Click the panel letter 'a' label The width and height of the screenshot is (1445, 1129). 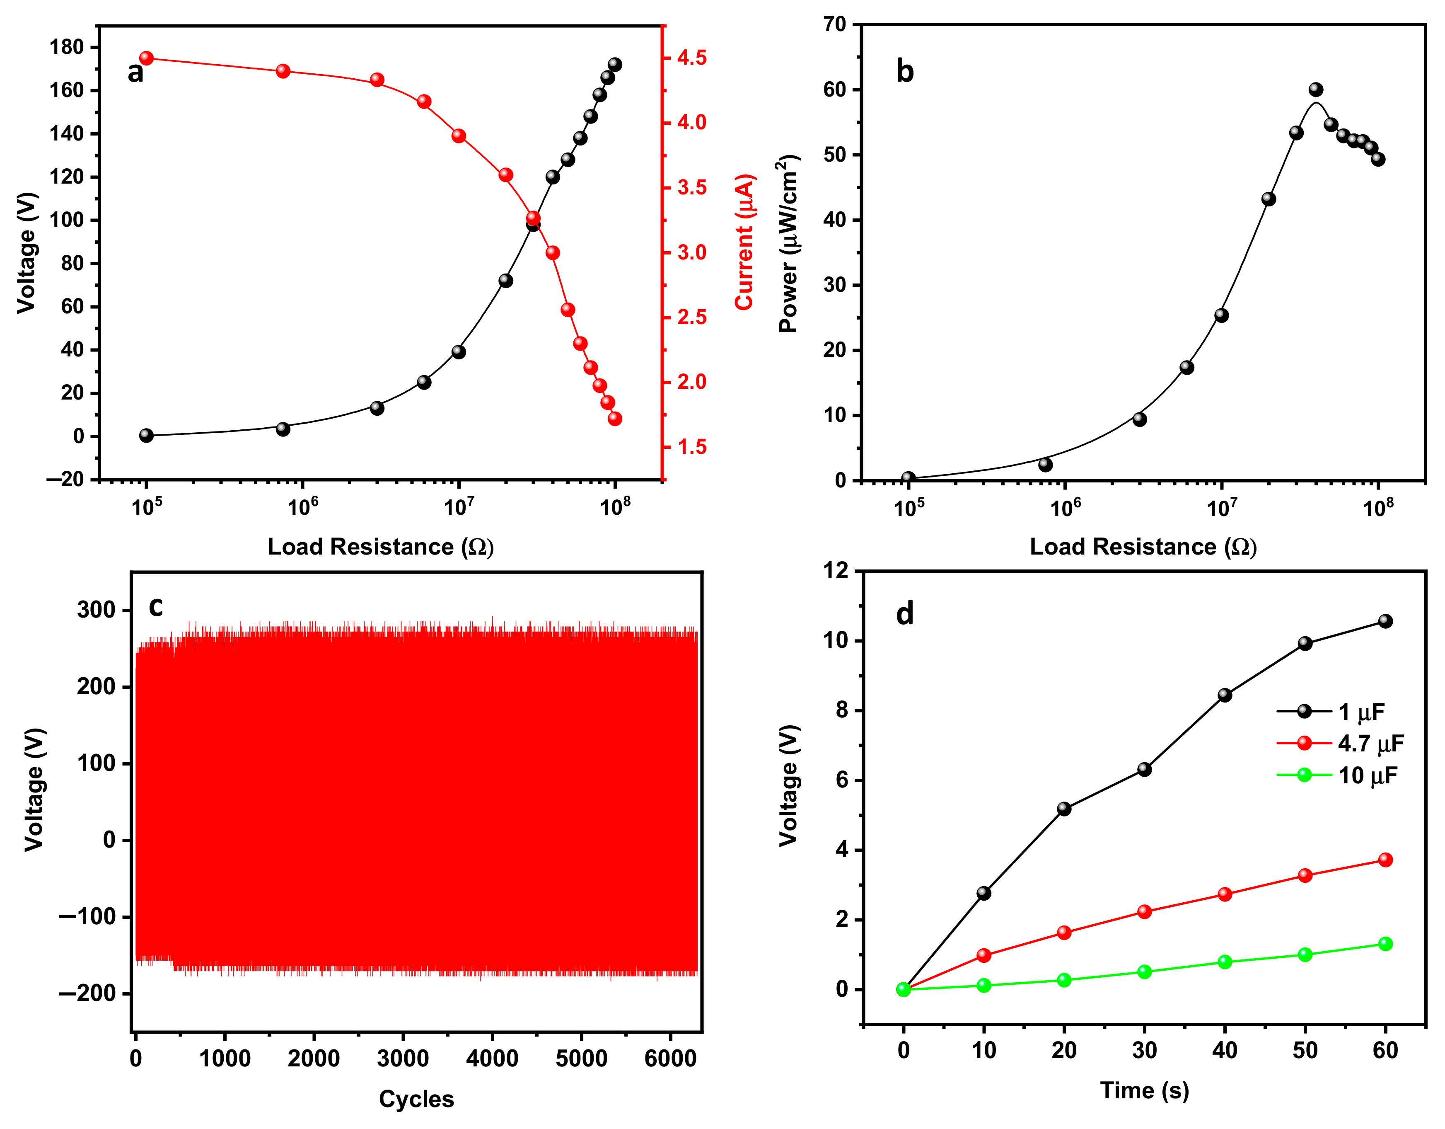(x=135, y=72)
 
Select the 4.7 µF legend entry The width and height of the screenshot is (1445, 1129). (x=1370, y=744)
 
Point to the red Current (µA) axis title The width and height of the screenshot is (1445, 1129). (x=744, y=242)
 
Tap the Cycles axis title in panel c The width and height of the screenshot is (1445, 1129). (x=416, y=1099)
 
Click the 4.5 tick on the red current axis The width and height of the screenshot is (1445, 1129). (x=691, y=58)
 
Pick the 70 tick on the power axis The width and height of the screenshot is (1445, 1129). (x=834, y=24)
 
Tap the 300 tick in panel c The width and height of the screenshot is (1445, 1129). (x=96, y=610)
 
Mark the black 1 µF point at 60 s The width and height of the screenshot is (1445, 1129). (x=1385, y=621)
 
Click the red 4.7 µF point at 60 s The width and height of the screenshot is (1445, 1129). (x=1385, y=860)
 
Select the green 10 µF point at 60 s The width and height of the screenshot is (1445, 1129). (x=1385, y=944)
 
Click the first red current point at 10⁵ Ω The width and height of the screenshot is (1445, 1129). (x=146, y=58)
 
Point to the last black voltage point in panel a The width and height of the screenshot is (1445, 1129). (x=615, y=64)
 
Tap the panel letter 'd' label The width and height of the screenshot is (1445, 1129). (x=904, y=614)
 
